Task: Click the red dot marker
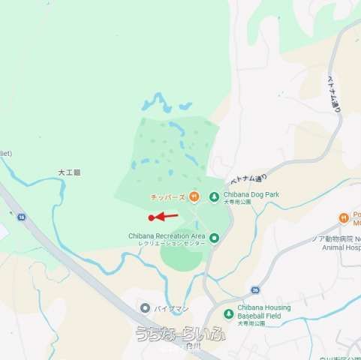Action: [152, 218]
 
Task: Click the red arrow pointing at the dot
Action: [167, 216]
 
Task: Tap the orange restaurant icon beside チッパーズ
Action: [194, 196]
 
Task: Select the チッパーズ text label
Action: [168, 197]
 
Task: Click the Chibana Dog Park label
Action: [251, 194]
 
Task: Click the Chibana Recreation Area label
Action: [167, 235]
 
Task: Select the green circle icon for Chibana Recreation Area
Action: [214, 238]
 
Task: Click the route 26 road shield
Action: [255, 289]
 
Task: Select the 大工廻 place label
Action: [69, 172]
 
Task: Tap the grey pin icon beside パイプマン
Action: [145, 308]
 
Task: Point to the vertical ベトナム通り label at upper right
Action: [332, 94]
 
